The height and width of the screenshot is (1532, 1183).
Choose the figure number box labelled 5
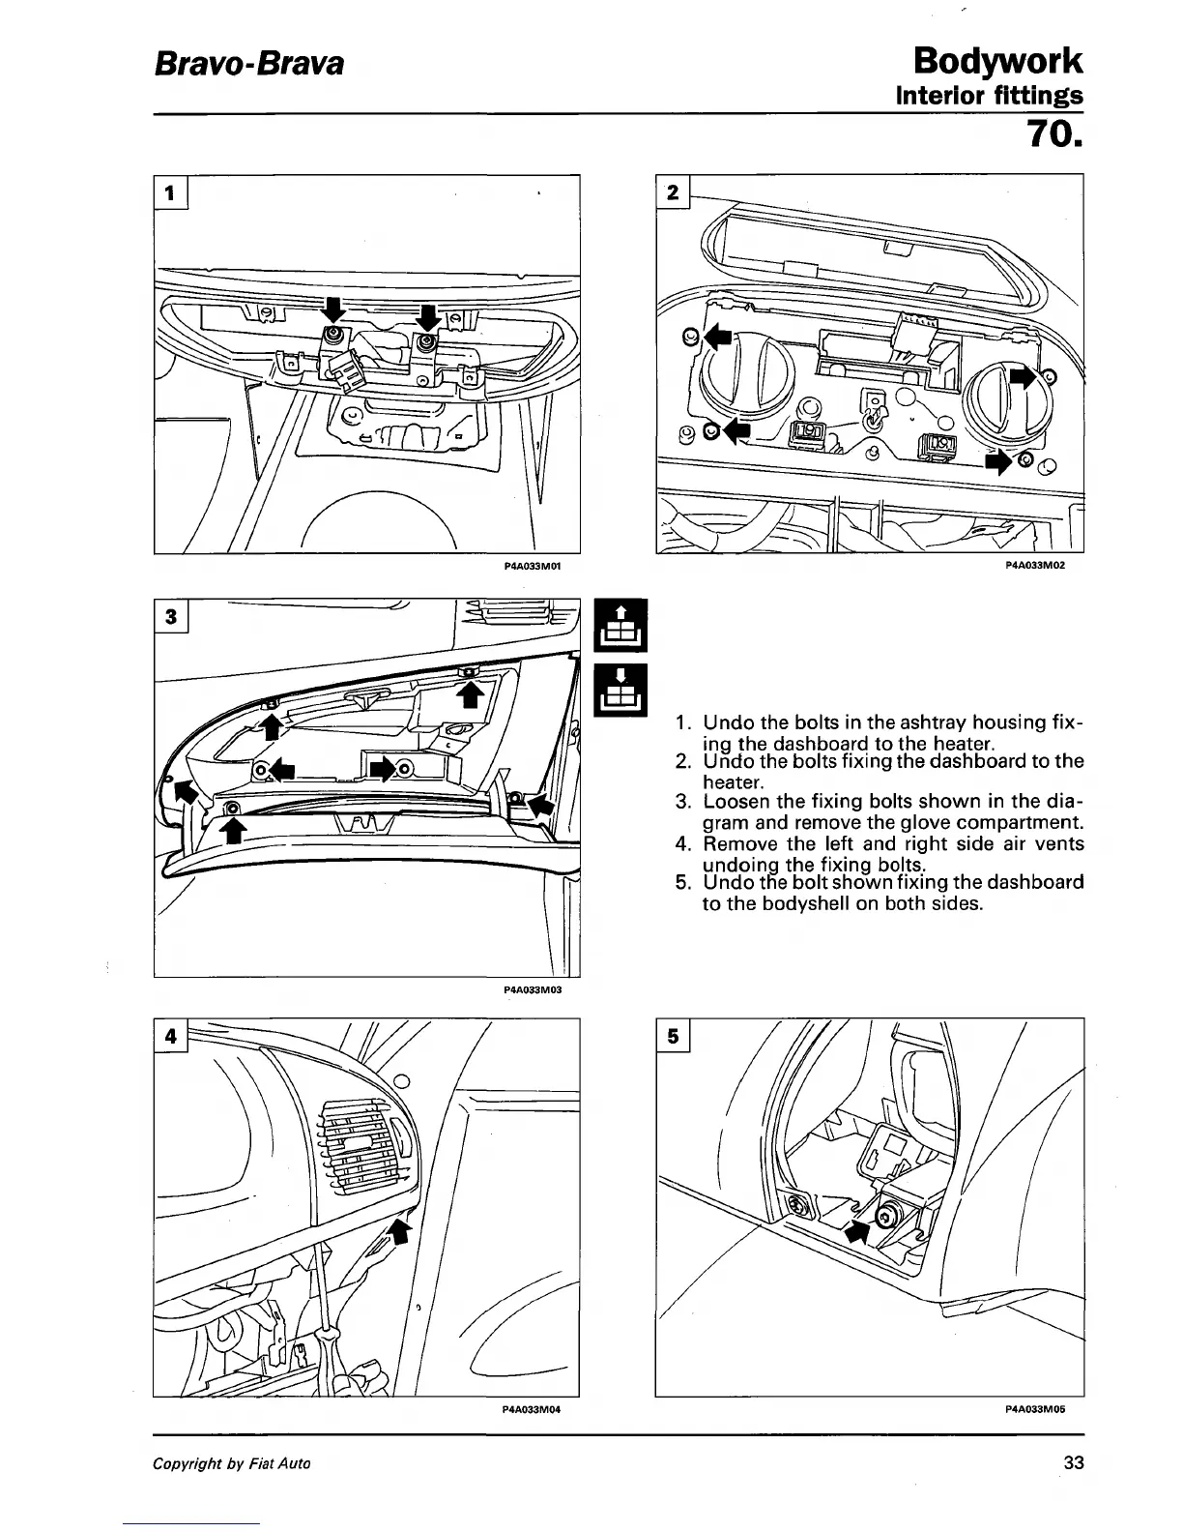point(673,1036)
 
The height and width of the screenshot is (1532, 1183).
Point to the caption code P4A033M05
point(1035,1409)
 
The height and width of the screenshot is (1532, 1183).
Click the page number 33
point(1073,1463)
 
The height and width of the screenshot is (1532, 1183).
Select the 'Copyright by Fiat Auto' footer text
point(232,1463)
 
